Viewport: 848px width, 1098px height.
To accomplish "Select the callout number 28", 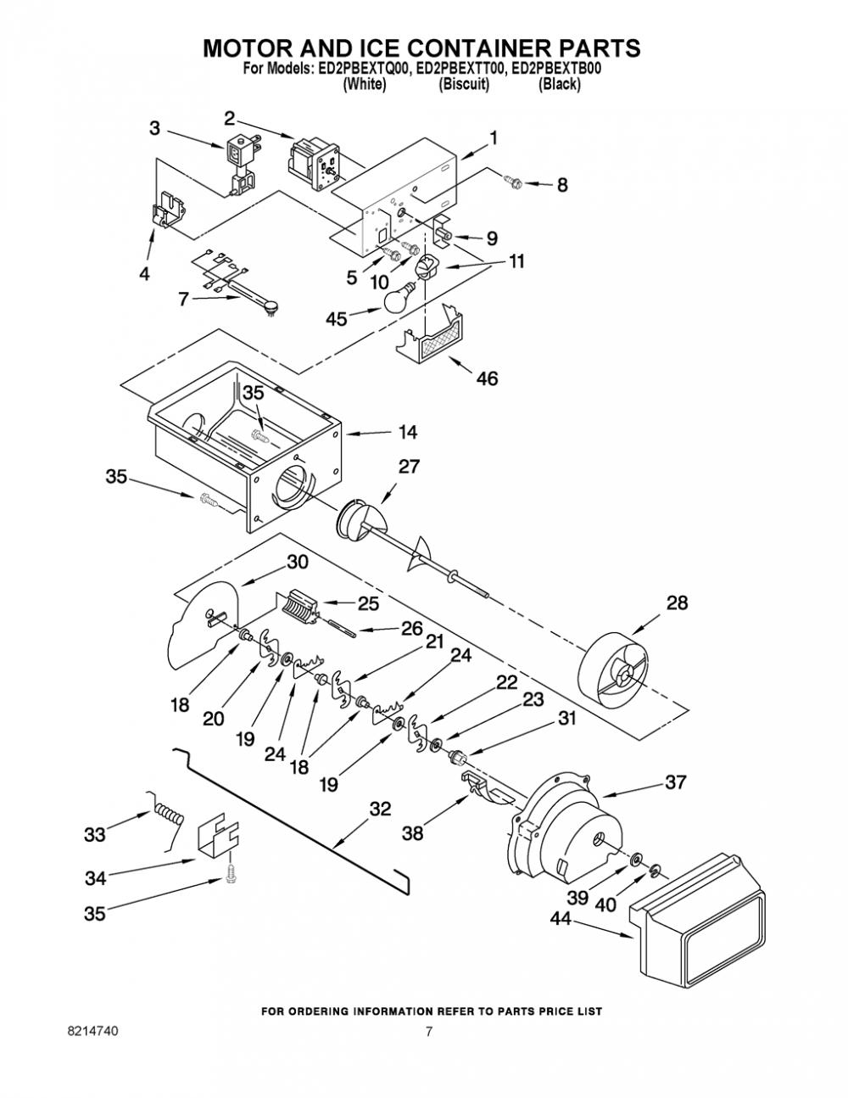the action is pyautogui.click(x=677, y=602).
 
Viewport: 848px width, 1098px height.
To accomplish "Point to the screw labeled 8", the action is pyautogui.click(x=515, y=181).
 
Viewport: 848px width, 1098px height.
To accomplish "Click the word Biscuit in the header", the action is pyautogui.click(x=464, y=84).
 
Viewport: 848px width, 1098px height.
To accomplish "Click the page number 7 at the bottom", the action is pyautogui.click(x=428, y=1031).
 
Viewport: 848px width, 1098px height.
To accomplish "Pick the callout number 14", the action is pyautogui.click(x=408, y=432).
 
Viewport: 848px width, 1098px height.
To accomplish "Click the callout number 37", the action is pyautogui.click(x=677, y=781).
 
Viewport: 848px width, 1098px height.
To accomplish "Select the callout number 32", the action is pyautogui.click(x=380, y=809).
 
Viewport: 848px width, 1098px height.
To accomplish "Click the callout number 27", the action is pyautogui.click(x=409, y=466).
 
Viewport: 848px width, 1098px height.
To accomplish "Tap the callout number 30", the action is pyautogui.click(x=298, y=562).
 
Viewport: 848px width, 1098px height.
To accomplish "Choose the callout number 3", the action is pyautogui.click(x=154, y=128).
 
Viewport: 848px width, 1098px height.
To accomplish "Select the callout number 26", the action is pyautogui.click(x=412, y=628).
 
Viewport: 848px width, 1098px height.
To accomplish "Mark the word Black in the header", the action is pyautogui.click(x=560, y=84).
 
